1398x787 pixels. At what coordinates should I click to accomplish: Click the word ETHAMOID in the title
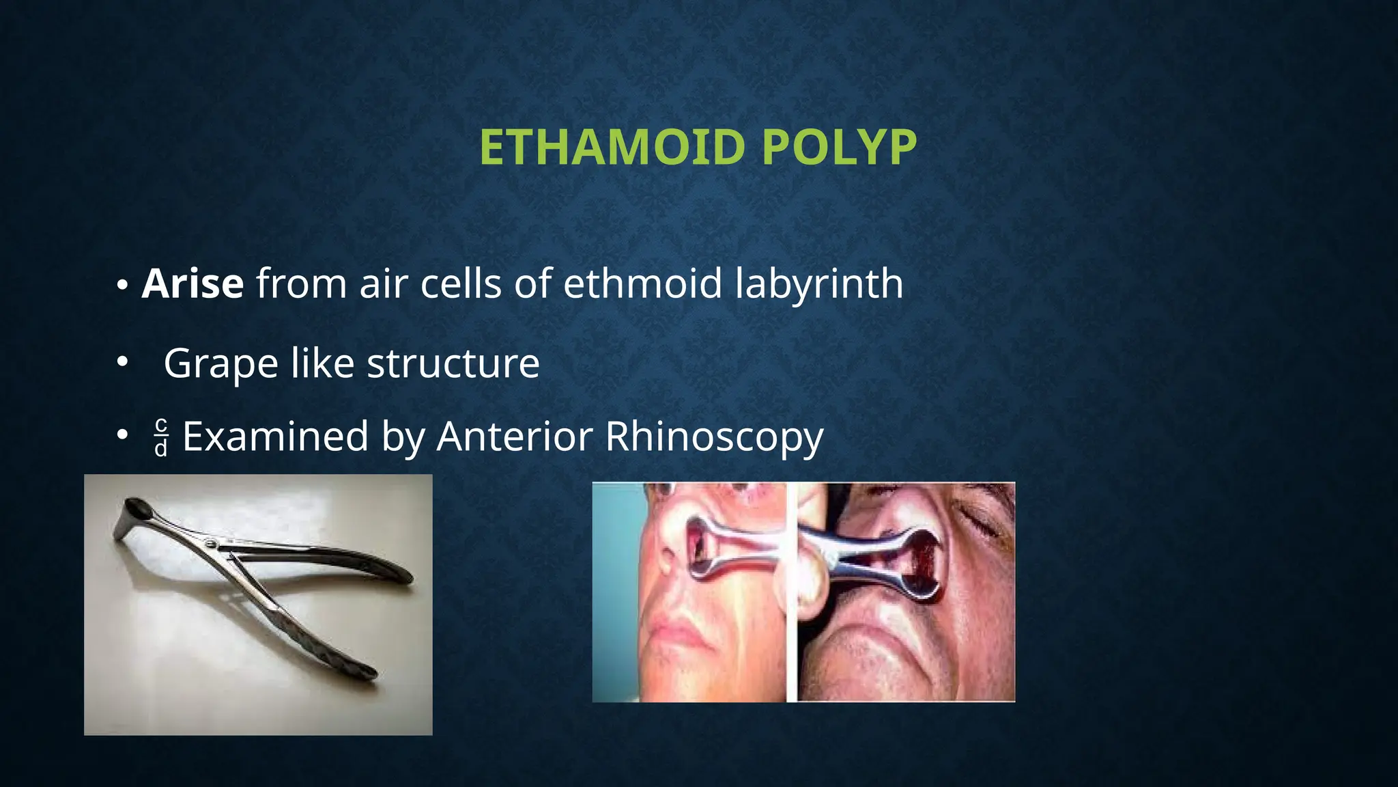(612, 148)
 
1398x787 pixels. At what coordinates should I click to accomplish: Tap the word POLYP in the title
(839, 148)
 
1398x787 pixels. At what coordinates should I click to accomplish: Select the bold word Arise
(192, 284)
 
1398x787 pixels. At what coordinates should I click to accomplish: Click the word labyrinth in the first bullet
(819, 284)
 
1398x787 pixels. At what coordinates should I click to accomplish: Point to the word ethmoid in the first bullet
(642, 284)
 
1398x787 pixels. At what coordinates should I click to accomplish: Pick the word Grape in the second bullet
(220, 363)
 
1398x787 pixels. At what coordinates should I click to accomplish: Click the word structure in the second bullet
(453, 363)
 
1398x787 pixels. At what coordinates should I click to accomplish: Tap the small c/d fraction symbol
(161, 437)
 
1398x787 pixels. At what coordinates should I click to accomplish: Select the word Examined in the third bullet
(276, 437)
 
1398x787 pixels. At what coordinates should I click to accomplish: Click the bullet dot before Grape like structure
(122, 362)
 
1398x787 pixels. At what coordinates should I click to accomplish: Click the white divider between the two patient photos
(791, 592)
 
